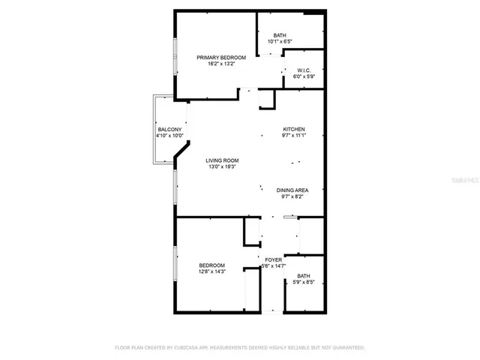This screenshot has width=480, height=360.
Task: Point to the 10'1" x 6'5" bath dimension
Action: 280,41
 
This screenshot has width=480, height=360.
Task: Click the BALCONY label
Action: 169,130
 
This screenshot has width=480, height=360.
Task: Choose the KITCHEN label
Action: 293,129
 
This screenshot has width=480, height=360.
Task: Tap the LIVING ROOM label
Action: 223,160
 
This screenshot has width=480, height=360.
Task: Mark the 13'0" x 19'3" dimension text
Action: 223,166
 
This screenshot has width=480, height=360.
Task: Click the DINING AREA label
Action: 293,190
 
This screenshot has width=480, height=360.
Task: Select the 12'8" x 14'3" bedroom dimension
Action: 212,271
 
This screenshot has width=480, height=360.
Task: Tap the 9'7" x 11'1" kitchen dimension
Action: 293,136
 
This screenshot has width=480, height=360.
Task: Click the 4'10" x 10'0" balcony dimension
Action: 169,136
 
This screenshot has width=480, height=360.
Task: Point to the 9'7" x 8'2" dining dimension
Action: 293,197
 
